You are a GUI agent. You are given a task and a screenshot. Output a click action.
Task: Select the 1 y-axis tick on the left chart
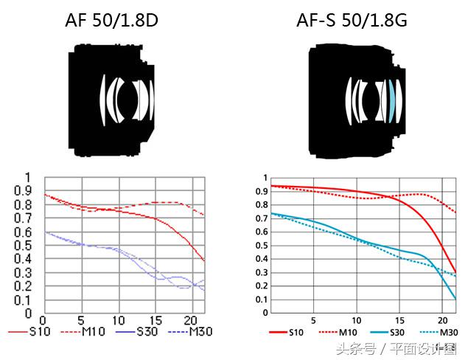(x=29, y=177)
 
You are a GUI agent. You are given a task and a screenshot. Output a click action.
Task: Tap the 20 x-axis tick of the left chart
(x=191, y=322)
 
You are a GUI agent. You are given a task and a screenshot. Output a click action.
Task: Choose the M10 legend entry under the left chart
(x=91, y=333)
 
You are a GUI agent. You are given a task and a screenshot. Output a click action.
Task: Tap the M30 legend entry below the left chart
(x=200, y=333)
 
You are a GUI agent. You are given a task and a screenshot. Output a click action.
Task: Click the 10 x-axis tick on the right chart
(x=357, y=322)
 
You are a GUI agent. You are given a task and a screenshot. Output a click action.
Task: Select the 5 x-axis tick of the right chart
(x=315, y=322)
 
